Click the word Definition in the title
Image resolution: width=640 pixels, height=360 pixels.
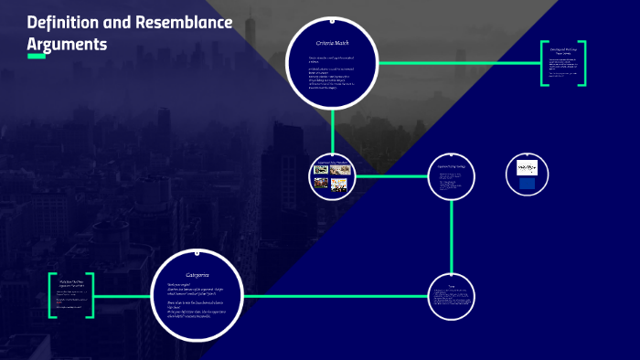67,22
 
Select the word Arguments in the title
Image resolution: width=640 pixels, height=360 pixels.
67,43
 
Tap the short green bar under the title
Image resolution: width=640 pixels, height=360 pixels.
37,57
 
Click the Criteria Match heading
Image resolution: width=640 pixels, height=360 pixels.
334,42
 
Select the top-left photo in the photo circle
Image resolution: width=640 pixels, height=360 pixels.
321,169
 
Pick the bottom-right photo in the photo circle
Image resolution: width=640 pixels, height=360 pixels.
339,183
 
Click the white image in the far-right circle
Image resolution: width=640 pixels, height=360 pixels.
528,167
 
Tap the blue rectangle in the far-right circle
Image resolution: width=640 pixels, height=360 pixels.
528,182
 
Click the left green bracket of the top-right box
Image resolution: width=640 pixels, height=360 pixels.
542,63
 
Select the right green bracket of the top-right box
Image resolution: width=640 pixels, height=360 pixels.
582,63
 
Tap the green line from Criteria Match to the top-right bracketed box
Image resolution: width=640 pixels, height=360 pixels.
457,63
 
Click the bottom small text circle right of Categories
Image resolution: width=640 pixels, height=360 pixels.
452,297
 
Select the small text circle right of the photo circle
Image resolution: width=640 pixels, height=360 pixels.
452,175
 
